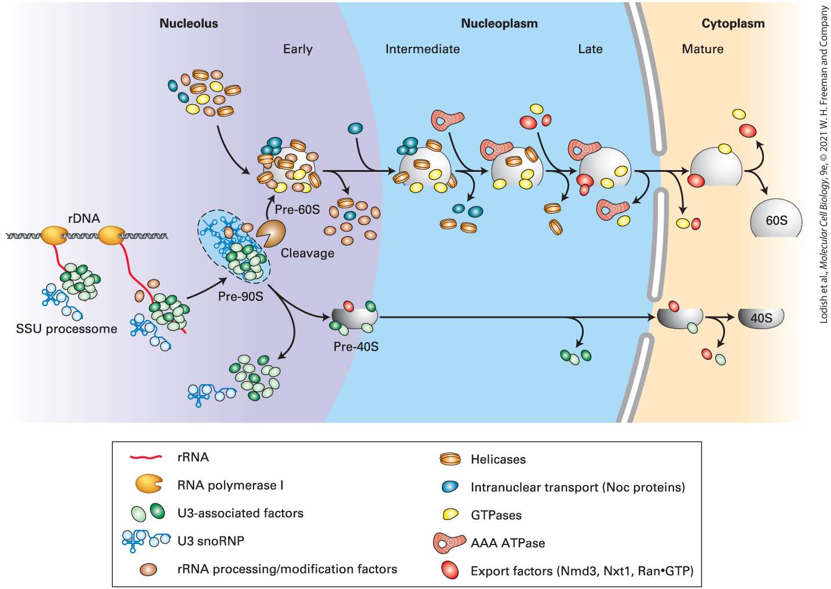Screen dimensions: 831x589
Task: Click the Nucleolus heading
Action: tap(188, 23)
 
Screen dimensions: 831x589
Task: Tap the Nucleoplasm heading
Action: tap(499, 23)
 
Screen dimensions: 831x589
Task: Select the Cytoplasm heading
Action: tap(733, 23)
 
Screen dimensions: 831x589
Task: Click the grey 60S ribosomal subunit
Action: tap(776, 218)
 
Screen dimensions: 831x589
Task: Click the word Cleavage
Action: tap(307, 253)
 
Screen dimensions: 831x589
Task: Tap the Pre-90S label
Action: tap(240, 296)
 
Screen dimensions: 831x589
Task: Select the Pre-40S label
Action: tap(356, 346)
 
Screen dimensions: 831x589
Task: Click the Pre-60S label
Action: tap(297, 209)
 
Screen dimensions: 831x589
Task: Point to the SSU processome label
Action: tap(67, 329)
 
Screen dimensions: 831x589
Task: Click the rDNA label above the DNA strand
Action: tap(84, 218)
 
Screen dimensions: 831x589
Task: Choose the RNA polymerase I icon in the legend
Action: tap(148, 484)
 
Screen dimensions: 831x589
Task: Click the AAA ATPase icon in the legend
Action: tap(449, 543)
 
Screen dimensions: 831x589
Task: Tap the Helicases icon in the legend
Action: tap(450, 459)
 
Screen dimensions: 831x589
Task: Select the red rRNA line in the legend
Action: tap(146, 457)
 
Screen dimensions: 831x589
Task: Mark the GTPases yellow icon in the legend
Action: tap(451, 514)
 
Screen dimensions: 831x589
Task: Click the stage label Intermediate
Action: tap(423, 49)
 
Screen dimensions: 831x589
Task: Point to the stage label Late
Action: tap(590, 49)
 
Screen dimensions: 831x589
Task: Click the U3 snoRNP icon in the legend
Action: tap(146, 541)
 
